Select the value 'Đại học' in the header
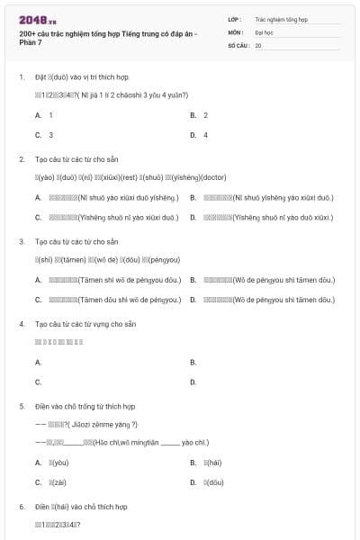tap(265, 31)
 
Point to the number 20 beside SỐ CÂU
tap(257, 44)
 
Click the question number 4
tap(21, 322)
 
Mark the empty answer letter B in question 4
tap(193, 362)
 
